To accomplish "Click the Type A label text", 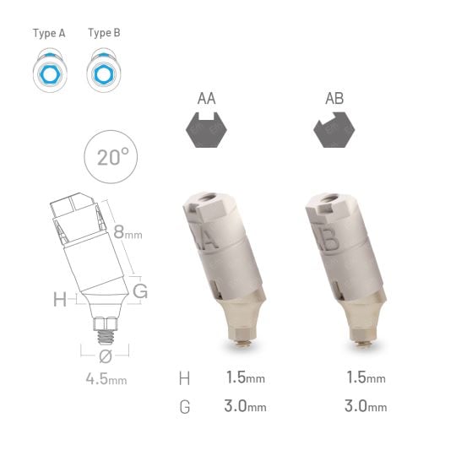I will pyautogui.click(x=49, y=34).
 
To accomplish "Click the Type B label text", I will pyautogui.click(x=104, y=34).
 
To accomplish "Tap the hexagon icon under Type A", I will pyautogui.click(x=49, y=73).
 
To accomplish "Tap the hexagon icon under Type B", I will pyautogui.click(x=104, y=73).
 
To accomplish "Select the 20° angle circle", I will pyautogui.click(x=113, y=158).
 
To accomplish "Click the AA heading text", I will pyautogui.click(x=206, y=99).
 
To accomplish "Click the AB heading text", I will pyautogui.click(x=334, y=99).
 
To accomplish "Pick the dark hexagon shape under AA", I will pyautogui.click(x=206, y=132).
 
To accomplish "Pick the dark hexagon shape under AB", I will pyautogui.click(x=334, y=132).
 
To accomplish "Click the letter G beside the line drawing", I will pyautogui.click(x=140, y=291).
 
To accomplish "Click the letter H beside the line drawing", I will pyautogui.click(x=59, y=299).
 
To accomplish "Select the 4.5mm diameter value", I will pyautogui.click(x=106, y=379).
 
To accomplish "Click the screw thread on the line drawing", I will pyautogui.click(x=106, y=326).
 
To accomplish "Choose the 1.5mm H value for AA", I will pyautogui.click(x=246, y=377).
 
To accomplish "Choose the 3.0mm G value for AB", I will pyautogui.click(x=366, y=406).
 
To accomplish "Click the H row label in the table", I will pyautogui.click(x=185, y=377).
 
